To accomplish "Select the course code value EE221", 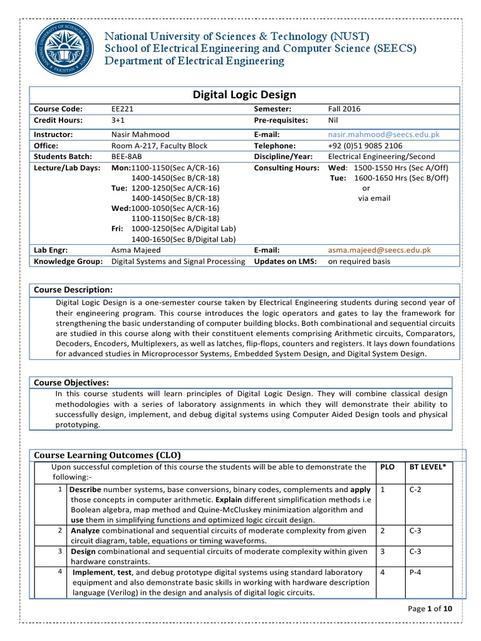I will [122, 109].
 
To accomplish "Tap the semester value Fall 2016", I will [344, 109].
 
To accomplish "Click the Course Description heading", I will [73, 290].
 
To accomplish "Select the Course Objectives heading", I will [71, 382].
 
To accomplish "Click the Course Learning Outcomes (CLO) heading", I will [106, 455].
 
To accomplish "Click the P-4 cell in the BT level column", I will [416, 572].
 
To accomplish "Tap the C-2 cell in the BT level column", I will [416, 489].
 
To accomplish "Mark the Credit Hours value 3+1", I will [118, 120].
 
